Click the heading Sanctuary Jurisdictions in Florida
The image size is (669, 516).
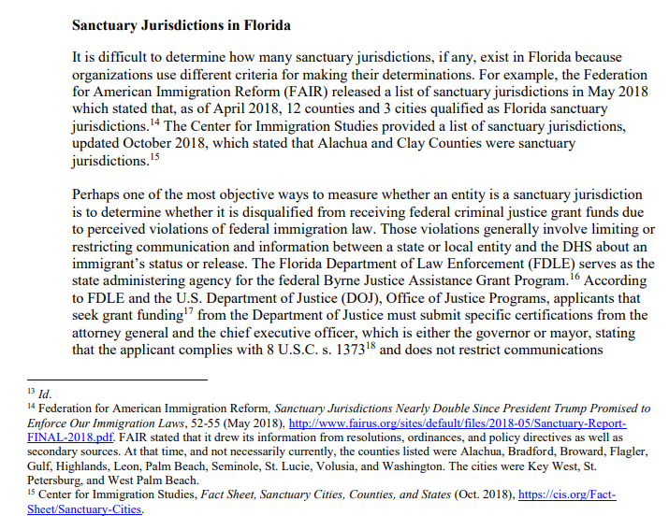tap(182, 24)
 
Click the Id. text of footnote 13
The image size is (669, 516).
tap(43, 394)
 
